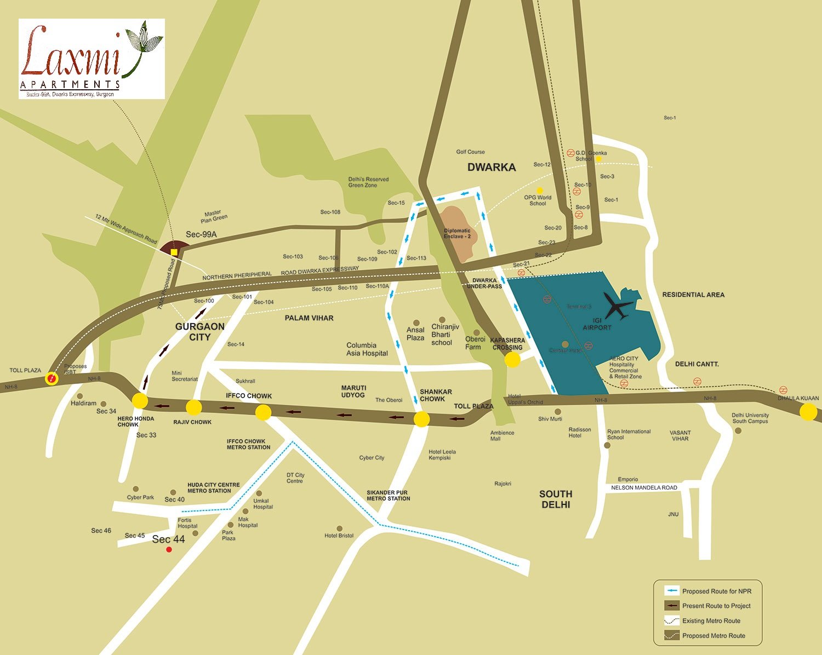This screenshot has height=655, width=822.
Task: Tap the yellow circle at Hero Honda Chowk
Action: pyautogui.click(x=140, y=400)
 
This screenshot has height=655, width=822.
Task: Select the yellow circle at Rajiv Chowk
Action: pyautogui.click(x=193, y=407)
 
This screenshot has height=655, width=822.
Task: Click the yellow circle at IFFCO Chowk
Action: pyautogui.click(x=264, y=412)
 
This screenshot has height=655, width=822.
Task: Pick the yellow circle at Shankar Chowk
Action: pyautogui.click(x=421, y=419)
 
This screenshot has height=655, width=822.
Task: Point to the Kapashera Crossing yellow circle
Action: pyautogui.click(x=512, y=359)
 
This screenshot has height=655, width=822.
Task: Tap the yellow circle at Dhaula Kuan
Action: pyautogui.click(x=808, y=412)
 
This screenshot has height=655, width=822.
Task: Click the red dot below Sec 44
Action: pyautogui.click(x=169, y=549)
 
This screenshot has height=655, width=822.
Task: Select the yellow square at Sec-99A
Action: pyautogui.click(x=174, y=252)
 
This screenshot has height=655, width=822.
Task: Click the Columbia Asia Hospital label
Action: pyautogui.click(x=367, y=349)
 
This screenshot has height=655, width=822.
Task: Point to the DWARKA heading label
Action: pyautogui.click(x=491, y=167)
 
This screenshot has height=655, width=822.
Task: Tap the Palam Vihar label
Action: pyautogui.click(x=309, y=318)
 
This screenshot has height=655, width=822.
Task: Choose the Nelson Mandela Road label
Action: pyautogui.click(x=644, y=487)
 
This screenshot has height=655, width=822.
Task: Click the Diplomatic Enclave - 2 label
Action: pyautogui.click(x=457, y=233)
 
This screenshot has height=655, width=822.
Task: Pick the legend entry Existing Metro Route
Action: pyautogui.click(x=711, y=620)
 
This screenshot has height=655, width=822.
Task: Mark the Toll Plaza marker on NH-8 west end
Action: pyautogui.click(x=52, y=378)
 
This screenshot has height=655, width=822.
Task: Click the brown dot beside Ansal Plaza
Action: pyautogui.click(x=416, y=323)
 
